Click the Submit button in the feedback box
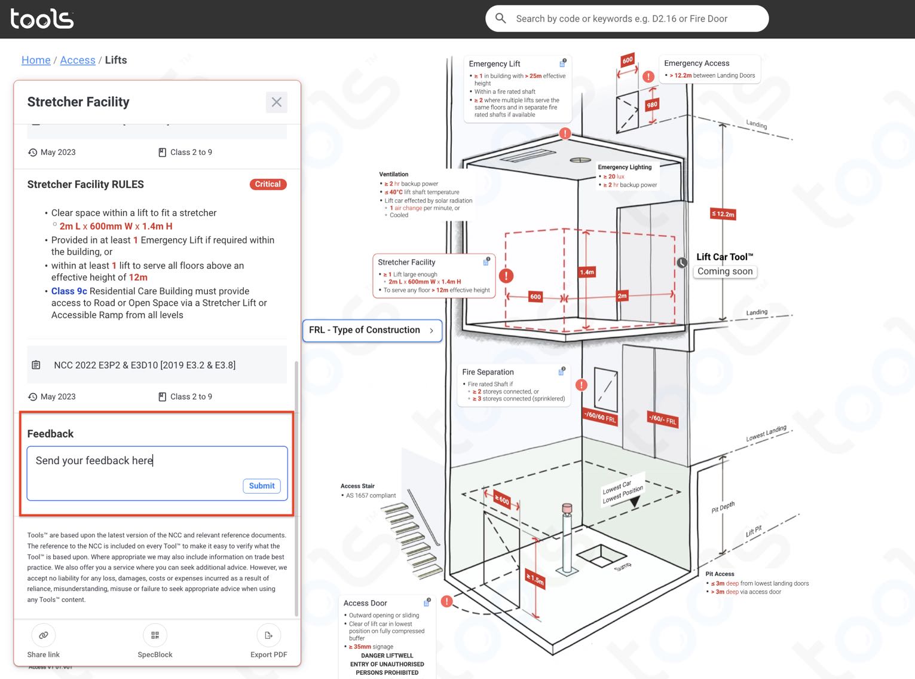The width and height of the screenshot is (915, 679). [262, 486]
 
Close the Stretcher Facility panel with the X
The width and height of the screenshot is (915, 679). [276, 102]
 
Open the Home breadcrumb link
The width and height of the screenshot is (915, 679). [36, 60]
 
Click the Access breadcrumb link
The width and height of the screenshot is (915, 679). [78, 60]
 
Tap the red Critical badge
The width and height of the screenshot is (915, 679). [268, 184]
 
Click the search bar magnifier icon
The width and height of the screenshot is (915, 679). [501, 19]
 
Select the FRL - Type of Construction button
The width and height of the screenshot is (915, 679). [372, 330]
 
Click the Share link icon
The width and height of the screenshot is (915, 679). [44, 635]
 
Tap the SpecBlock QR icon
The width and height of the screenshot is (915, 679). [155, 635]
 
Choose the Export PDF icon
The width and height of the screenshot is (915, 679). [268, 635]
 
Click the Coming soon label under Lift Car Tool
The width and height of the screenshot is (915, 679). [725, 272]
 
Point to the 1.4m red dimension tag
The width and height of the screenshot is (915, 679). [587, 272]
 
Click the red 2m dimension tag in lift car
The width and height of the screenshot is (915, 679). [622, 296]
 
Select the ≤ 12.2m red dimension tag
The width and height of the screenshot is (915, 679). [723, 214]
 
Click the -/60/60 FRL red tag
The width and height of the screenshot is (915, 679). [599, 417]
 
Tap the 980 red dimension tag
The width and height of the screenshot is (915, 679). [652, 105]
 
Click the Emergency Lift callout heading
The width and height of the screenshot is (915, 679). [494, 64]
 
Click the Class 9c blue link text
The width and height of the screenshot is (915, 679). [69, 291]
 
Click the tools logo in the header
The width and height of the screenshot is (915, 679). [42, 19]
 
